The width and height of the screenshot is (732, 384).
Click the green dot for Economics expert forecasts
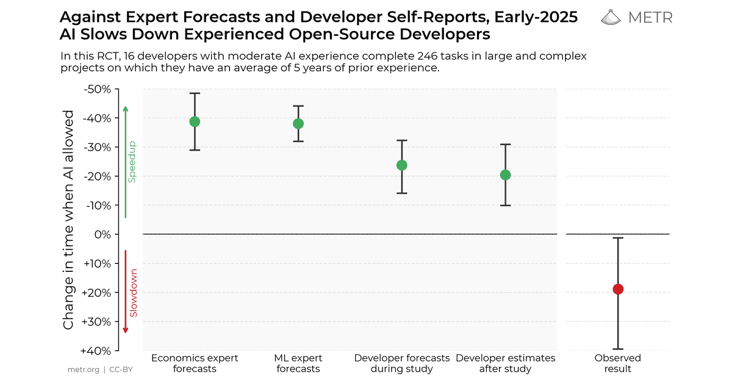pyautogui.click(x=195, y=122)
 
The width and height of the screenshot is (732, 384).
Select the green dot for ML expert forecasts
pyautogui.click(x=298, y=124)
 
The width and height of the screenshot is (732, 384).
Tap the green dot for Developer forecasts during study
pyautogui.click(x=402, y=165)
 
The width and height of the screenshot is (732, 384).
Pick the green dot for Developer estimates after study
pyautogui.click(x=506, y=175)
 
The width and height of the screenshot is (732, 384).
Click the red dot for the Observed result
pyautogui.click(x=618, y=289)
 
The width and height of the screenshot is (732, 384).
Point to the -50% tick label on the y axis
pyautogui.click(x=98, y=89)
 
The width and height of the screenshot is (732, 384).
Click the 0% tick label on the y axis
pyautogui.click(x=102, y=235)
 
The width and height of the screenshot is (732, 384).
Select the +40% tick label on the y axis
pyautogui.click(x=96, y=351)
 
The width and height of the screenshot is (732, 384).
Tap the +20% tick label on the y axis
pyautogui.click(x=96, y=293)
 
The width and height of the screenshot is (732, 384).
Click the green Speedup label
pyautogui.click(x=132, y=162)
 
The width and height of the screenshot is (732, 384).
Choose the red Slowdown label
pyautogui.click(x=134, y=293)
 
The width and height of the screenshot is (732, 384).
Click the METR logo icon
pyautogui.click(x=611, y=17)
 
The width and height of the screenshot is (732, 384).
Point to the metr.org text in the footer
pyautogui.click(x=84, y=369)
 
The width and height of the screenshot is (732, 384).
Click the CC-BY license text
pyautogui.click(x=121, y=369)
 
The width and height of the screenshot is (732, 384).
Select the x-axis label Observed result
pyautogui.click(x=617, y=363)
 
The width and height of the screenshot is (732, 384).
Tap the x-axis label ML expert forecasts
pyautogui.click(x=298, y=363)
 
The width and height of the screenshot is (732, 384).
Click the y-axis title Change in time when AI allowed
pyautogui.click(x=68, y=220)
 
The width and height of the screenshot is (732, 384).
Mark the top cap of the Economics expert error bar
pyautogui.click(x=195, y=93)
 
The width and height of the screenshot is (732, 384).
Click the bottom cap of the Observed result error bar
pyautogui.click(x=618, y=349)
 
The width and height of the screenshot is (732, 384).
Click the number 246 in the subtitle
pyautogui.click(x=428, y=56)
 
